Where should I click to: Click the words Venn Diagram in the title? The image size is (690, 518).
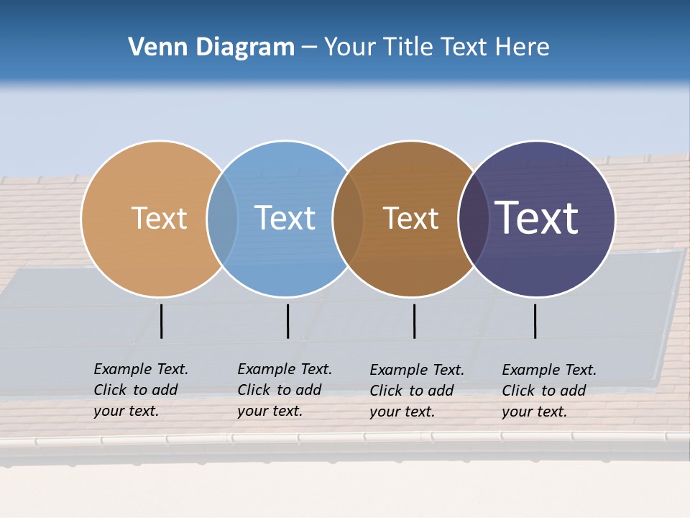(211, 47)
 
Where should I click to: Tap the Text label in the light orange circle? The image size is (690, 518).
(159, 218)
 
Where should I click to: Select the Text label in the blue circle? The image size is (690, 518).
(285, 218)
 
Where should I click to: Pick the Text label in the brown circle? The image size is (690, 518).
(410, 218)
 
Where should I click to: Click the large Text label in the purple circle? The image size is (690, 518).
(537, 218)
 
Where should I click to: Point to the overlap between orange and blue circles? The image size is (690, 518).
(222, 218)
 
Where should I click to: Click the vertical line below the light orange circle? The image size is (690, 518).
(161, 321)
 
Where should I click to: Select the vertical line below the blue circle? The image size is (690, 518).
(287, 321)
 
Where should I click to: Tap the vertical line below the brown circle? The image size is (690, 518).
(414, 321)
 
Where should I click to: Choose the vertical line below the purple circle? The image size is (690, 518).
(535, 321)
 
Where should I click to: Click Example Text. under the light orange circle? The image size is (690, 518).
(141, 369)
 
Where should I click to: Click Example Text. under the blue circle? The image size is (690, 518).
(285, 369)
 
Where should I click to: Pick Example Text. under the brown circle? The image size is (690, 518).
(417, 370)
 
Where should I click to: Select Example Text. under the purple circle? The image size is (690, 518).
(549, 370)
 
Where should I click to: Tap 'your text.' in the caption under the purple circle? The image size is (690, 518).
(534, 412)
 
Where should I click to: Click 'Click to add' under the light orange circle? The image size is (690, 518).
(135, 390)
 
